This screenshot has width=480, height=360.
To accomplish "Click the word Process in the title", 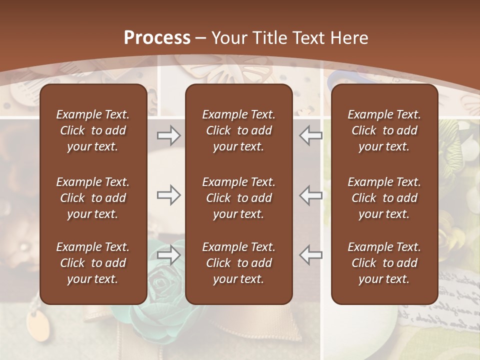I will point(157,38).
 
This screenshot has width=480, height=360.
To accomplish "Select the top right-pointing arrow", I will point(168,135).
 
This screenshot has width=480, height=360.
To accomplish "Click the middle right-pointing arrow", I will point(168,195).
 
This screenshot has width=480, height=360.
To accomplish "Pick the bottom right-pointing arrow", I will point(168,255).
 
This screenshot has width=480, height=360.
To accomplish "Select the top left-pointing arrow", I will point(311,135).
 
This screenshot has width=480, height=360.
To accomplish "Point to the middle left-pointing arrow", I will point(311,195).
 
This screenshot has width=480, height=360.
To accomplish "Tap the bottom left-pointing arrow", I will point(311,255).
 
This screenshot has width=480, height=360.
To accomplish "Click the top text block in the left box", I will point(93,130).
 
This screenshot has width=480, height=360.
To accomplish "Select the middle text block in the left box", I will point(93,198).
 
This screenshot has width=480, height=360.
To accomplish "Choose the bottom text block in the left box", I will point(93,263).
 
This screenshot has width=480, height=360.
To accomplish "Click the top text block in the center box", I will point(238,130).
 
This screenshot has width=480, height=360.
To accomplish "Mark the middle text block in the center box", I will point(238,198).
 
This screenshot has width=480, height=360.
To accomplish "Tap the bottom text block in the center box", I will point(238,263).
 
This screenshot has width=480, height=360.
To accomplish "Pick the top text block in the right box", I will point(384,130).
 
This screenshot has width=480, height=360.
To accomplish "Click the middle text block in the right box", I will point(384,198).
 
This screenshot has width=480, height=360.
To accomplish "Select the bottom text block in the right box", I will point(384,263).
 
